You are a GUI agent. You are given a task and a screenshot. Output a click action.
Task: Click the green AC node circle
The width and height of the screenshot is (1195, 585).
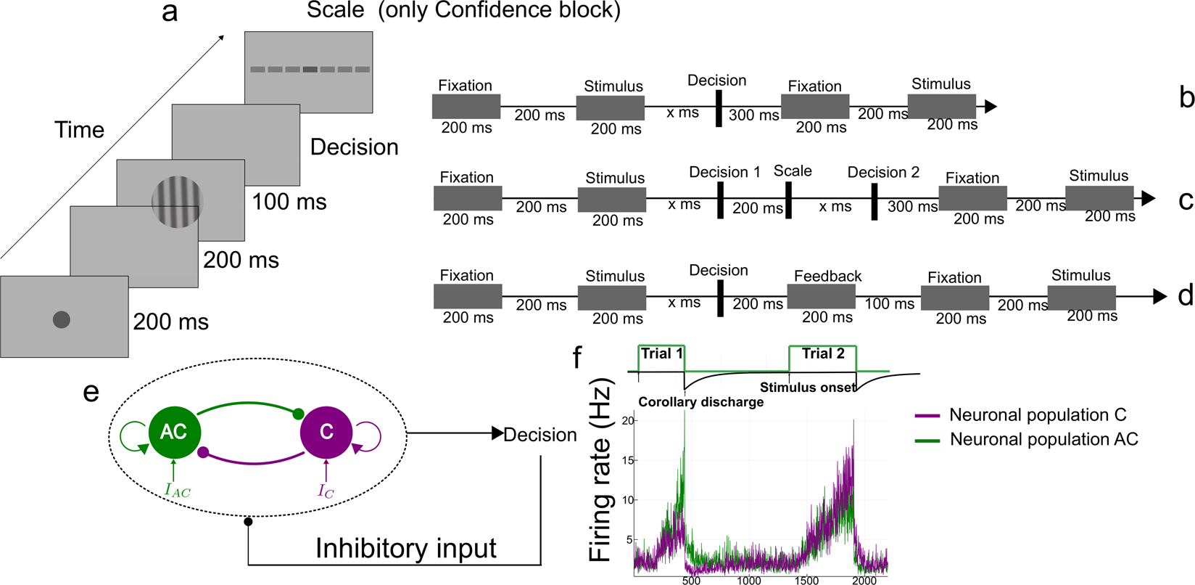pyautogui.click(x=174, y=433)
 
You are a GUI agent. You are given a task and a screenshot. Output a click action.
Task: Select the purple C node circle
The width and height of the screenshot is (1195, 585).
pyautogui.click(x=326, y=433)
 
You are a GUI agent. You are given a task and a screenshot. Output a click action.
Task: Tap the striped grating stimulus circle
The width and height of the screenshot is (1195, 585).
pyautogui.click(x=177, y=202)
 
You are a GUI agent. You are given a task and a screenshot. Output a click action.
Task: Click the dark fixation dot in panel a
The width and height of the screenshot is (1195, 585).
pyautogui.click(x=62, y=319)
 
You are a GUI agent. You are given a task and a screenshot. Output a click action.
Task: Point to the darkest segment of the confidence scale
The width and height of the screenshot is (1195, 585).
pyautogui.click(x=310, y=70)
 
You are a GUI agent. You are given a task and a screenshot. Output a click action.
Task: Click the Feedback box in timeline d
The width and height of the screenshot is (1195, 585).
pyautogui.click(x=820, y=296)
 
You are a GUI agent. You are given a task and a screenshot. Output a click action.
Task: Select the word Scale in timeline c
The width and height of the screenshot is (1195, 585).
pyautogui.click(x=793, y=171)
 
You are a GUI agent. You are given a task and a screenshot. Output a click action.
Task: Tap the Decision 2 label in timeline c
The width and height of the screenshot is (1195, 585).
pyautogui.click(x=883, y=172)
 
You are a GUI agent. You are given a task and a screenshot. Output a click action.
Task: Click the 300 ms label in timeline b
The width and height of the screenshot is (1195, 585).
pyautogui.click(x=753, y=115)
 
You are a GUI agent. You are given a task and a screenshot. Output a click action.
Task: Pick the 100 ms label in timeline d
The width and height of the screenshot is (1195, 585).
pyautogui.click(x=890, y=303)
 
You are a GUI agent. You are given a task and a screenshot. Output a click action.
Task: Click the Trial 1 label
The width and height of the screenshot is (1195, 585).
pyautogui.click(x=661, y=353)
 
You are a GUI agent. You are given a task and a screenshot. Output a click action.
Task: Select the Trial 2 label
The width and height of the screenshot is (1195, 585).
pyautogui.click(x=823, y=353)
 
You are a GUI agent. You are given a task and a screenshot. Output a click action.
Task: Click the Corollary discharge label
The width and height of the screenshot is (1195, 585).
pyautogui.click(x=700, y=402)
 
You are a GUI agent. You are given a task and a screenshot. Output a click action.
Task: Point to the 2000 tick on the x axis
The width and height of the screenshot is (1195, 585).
pyautogui.click(x=864, y=581)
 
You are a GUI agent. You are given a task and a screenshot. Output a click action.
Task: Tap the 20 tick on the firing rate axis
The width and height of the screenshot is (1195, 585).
pyautogui.click(x=628, y=421)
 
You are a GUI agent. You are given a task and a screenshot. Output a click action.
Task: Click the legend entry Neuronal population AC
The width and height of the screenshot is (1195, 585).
pyautogui.click(x=1043, y=439)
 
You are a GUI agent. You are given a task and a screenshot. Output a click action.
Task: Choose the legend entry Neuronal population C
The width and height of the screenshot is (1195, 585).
pyautogui.click(x=1037, y=415)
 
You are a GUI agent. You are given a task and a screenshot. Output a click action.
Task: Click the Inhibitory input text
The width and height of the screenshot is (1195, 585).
pyautogui.click(x=406, y=549)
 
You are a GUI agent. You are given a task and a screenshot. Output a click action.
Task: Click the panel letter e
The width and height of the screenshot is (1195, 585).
pyautogui.click(x=91, y=391)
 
